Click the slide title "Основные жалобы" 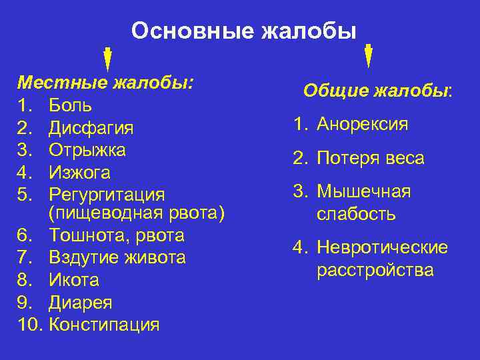pos(243,31)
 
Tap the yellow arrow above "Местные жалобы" pos(107,58)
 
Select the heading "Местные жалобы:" pos(105,83)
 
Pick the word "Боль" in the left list pos(70,105)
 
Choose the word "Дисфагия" pos(91,127)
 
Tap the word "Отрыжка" pos(87,150)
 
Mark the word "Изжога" pos(79,173)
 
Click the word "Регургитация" pos(106,195)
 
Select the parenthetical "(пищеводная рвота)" pos(137,213)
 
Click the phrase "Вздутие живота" pos(117,257)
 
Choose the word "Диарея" pos(80,303)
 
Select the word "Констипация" pos(105,325)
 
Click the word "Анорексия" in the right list pos(363,124)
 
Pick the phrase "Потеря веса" pos(371,158)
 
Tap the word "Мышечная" pos(363,192)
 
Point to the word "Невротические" pos(382,248)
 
